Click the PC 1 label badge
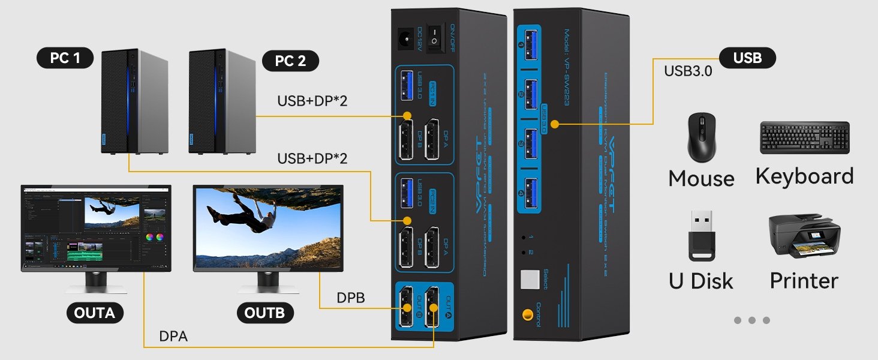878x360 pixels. pyautogui.click(x=66, y=58)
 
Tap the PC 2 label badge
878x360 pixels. pyautogui.click(x=290, y=61)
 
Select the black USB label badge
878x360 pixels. pyautogui.click(x=747, y=58)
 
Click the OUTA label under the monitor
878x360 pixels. pyautogui.click(x=95, y=313)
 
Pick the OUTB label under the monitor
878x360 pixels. pyautogui.click(x=269, y=313)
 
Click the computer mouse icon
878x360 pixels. pyautogui.click(x=700, y=138)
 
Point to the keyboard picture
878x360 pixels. pyautogui.click(x=805, y=138)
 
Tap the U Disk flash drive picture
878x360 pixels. pyautogui.click(x=700, y=235)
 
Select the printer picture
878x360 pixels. pyautogui.click(x=804, y=236)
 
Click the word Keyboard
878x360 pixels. pyautogui.click(x=804, y=176)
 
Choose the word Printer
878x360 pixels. pyautogui.click(x=804, y=280)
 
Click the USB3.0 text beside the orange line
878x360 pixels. pyautogui.click(x=688, y=71)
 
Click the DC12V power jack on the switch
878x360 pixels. pyautogui.click(x=403, y=40)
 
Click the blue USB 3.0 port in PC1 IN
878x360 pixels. pyautogui.click(x=404, y=85)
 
